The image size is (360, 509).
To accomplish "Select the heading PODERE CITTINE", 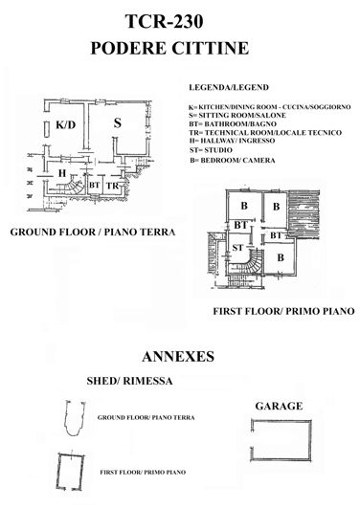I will (x=180, y=47).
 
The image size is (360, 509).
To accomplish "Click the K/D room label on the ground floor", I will (x=65, y=125).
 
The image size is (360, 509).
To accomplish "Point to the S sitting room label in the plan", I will (x=116, y=122).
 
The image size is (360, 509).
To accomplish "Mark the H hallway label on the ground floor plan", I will (x=60, y=173).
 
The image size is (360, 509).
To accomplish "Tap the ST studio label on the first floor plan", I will (x=236, y=248).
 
